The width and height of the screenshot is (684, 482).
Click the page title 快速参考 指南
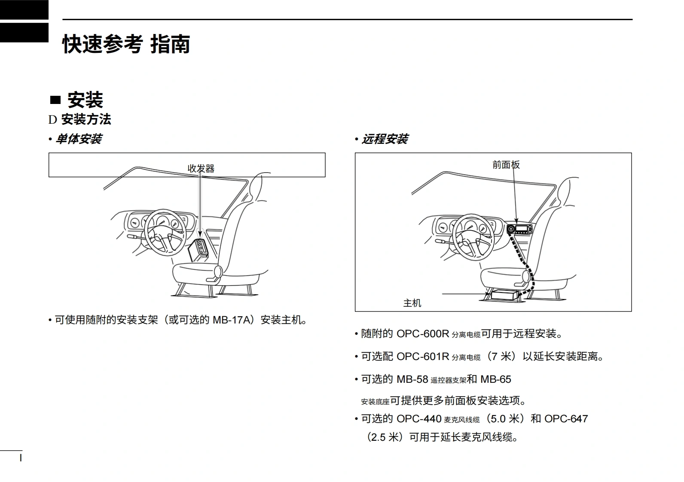tap(126, 44)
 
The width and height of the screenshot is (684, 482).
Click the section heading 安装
tap(85, 100)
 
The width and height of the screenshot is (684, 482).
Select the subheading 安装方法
tap(86, 119)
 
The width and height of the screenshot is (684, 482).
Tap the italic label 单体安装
tap(79, 139)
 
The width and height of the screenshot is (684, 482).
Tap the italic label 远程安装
tap(385, 139)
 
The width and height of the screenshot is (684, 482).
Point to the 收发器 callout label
tap(201, 168)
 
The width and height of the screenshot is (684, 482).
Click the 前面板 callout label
tap(506, 165)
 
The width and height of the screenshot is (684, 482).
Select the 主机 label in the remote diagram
tap(412, 303)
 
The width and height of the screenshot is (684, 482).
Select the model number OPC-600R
tap(422, 334)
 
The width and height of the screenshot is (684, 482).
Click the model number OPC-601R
tap(422, 357)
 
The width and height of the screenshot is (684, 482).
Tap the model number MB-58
tap(412, 379)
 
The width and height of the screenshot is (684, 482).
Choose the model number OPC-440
tap(419, 419)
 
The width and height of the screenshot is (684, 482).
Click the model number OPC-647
tap(566, 419)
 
